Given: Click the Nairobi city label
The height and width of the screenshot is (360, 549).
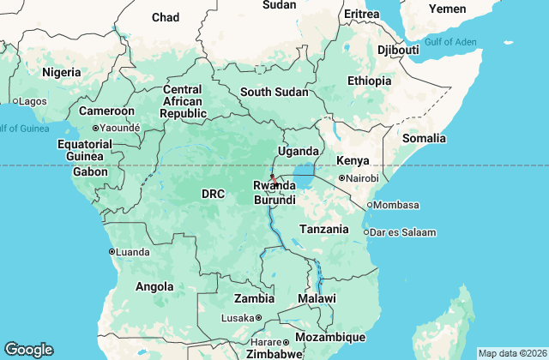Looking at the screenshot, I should (x=362, y=178).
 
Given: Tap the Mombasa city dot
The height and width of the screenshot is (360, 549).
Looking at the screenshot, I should (x=370, y=206).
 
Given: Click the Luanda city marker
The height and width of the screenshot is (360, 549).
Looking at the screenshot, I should (x=112, y=251).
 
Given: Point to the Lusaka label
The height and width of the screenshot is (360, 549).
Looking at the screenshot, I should (x=237, y=318).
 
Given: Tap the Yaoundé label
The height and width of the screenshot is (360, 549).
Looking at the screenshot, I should (x=119, y=129).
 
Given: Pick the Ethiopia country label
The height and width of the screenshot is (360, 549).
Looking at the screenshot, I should (x=369, y=81).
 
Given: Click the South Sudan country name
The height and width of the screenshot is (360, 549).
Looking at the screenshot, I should (x=274, y=93).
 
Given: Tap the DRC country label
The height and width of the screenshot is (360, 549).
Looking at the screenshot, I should (x=213, y=195).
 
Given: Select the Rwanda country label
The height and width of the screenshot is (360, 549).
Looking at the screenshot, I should (x=274, y=186).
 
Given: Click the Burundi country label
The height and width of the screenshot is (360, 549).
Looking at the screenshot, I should (x=274, y=200).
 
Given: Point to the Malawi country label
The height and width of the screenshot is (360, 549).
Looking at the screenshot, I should (x=317, y=298).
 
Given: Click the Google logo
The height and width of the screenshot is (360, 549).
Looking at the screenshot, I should (x=28, y=350).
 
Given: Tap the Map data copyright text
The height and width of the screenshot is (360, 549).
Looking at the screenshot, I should (x=512, y=353).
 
